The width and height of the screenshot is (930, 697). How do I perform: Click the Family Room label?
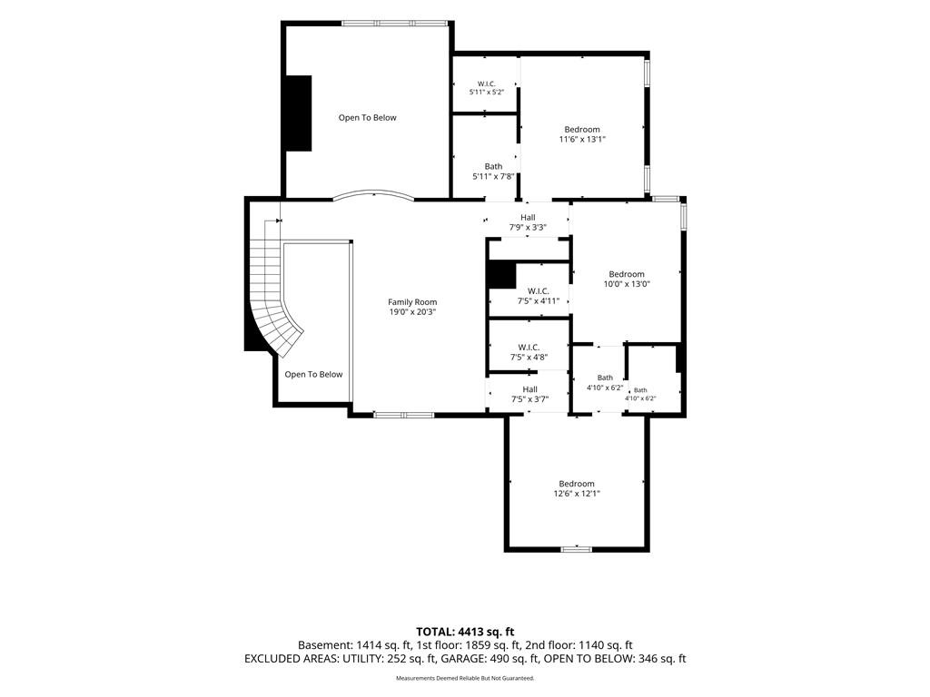point(412,302)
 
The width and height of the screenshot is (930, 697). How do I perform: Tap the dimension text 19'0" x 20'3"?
point(412,312)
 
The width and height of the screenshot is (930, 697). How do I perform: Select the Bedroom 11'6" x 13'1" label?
point(582,134)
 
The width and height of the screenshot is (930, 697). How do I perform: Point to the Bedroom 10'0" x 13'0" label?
point(627,280)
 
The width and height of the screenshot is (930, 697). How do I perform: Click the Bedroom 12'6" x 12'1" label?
point(577,488)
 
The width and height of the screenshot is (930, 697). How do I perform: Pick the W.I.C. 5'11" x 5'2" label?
point(487,88)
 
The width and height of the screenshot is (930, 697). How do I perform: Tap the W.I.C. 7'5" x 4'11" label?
point(538,296)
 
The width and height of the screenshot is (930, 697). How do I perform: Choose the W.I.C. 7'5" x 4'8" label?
point(529,352)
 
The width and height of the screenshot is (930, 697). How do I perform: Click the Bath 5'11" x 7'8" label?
point(493,172)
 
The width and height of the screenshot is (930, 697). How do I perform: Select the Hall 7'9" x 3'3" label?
point(528,222)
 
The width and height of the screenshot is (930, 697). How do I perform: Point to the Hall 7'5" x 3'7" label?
point(529,394)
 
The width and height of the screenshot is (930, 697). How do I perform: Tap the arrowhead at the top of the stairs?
point(278,221)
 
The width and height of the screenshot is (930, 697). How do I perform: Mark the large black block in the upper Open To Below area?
point(299,113)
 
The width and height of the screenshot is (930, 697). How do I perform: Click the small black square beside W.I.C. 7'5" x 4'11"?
point(501,275)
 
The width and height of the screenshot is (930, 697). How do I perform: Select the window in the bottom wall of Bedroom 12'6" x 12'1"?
point(577,549)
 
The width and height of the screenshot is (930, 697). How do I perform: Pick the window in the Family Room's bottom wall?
point(404,415)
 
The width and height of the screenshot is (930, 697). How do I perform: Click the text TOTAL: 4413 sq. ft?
point(465,632)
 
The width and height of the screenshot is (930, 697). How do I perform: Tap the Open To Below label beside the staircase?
point(313,374)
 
